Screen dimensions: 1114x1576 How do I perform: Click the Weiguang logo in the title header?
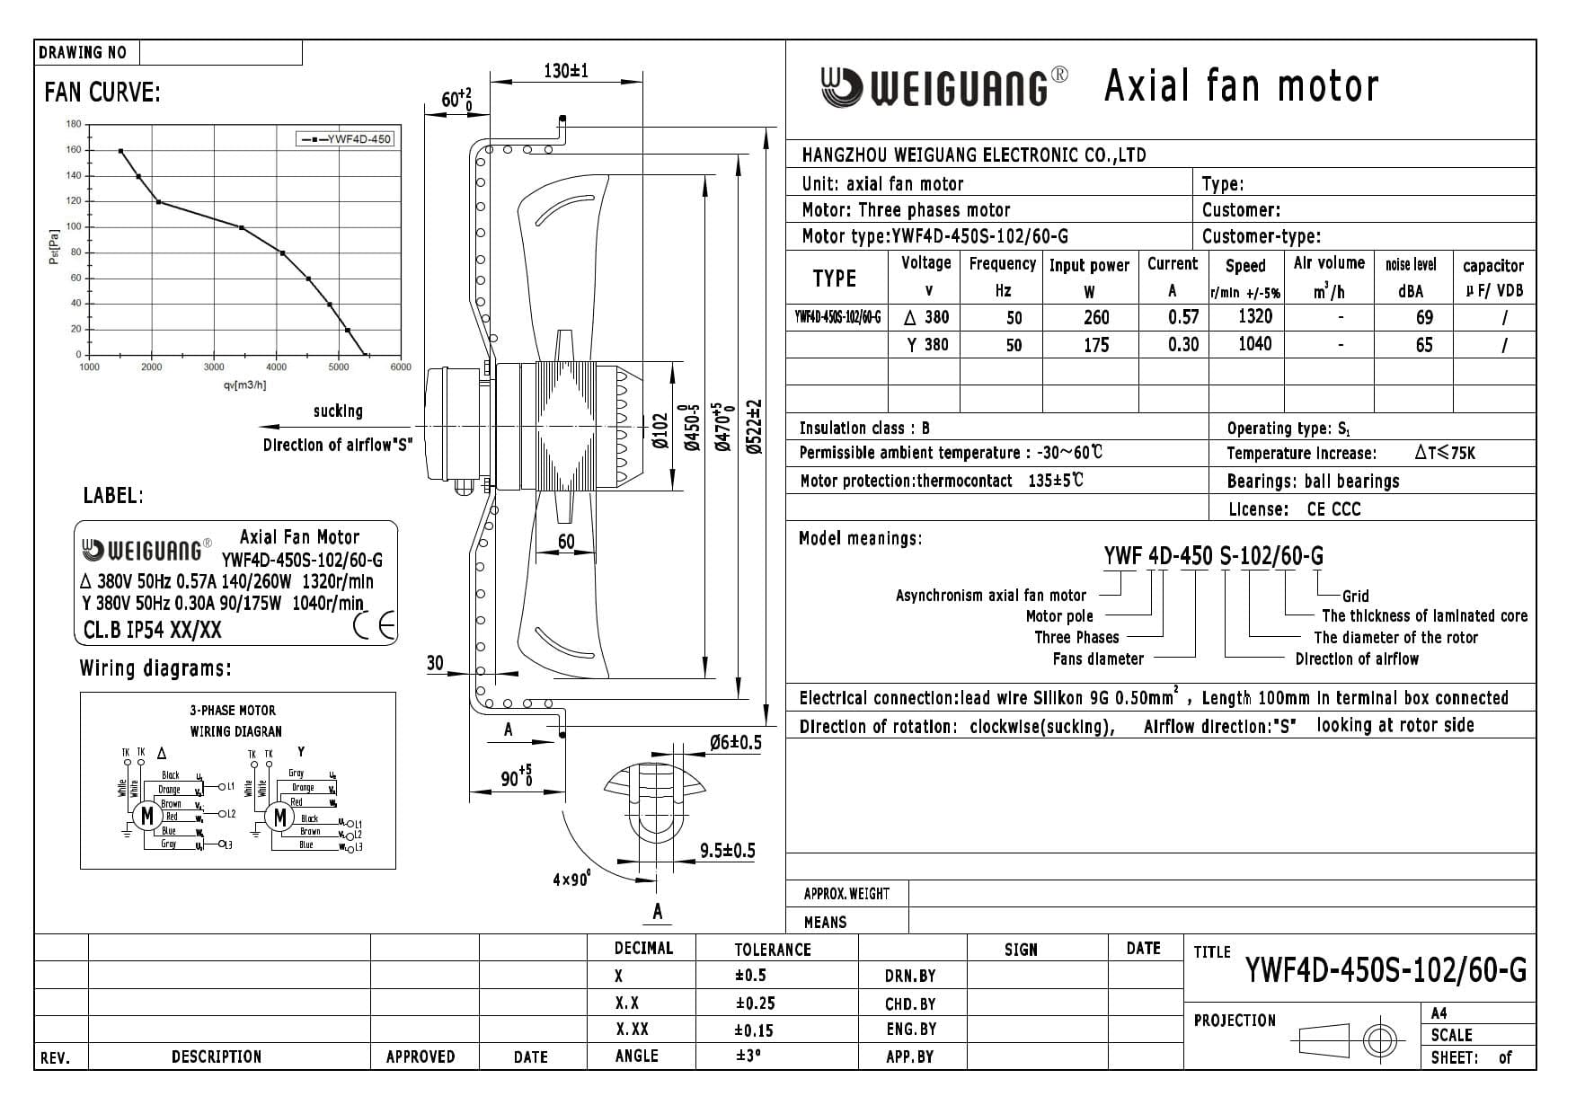[943, 87]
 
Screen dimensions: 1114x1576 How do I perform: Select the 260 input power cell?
[1095, 317]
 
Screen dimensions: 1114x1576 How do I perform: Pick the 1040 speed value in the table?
[1254, 344]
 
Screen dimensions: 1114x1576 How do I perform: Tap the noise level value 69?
[1423, 317]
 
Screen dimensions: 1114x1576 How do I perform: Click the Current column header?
[1172, 264]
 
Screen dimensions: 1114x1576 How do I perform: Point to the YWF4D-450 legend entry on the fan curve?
[346, 139]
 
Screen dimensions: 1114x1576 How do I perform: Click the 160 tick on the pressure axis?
[73, 150]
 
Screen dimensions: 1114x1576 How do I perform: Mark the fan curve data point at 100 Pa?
[242, 227]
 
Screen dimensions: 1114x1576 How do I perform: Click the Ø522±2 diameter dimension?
[753, 428]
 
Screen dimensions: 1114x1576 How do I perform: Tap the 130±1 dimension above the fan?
[566, 71]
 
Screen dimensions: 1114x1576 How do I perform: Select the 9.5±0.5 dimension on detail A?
[727, 851]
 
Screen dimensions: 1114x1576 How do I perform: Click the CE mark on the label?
[375, 625]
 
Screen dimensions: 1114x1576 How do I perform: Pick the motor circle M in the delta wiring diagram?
[146, 816]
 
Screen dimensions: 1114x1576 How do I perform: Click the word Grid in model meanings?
[1355, 596]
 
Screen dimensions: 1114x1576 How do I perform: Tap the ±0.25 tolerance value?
[754, 1003]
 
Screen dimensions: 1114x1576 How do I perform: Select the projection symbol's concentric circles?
[1378, 1040]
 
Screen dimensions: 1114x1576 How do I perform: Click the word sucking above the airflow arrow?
[338, 411]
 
